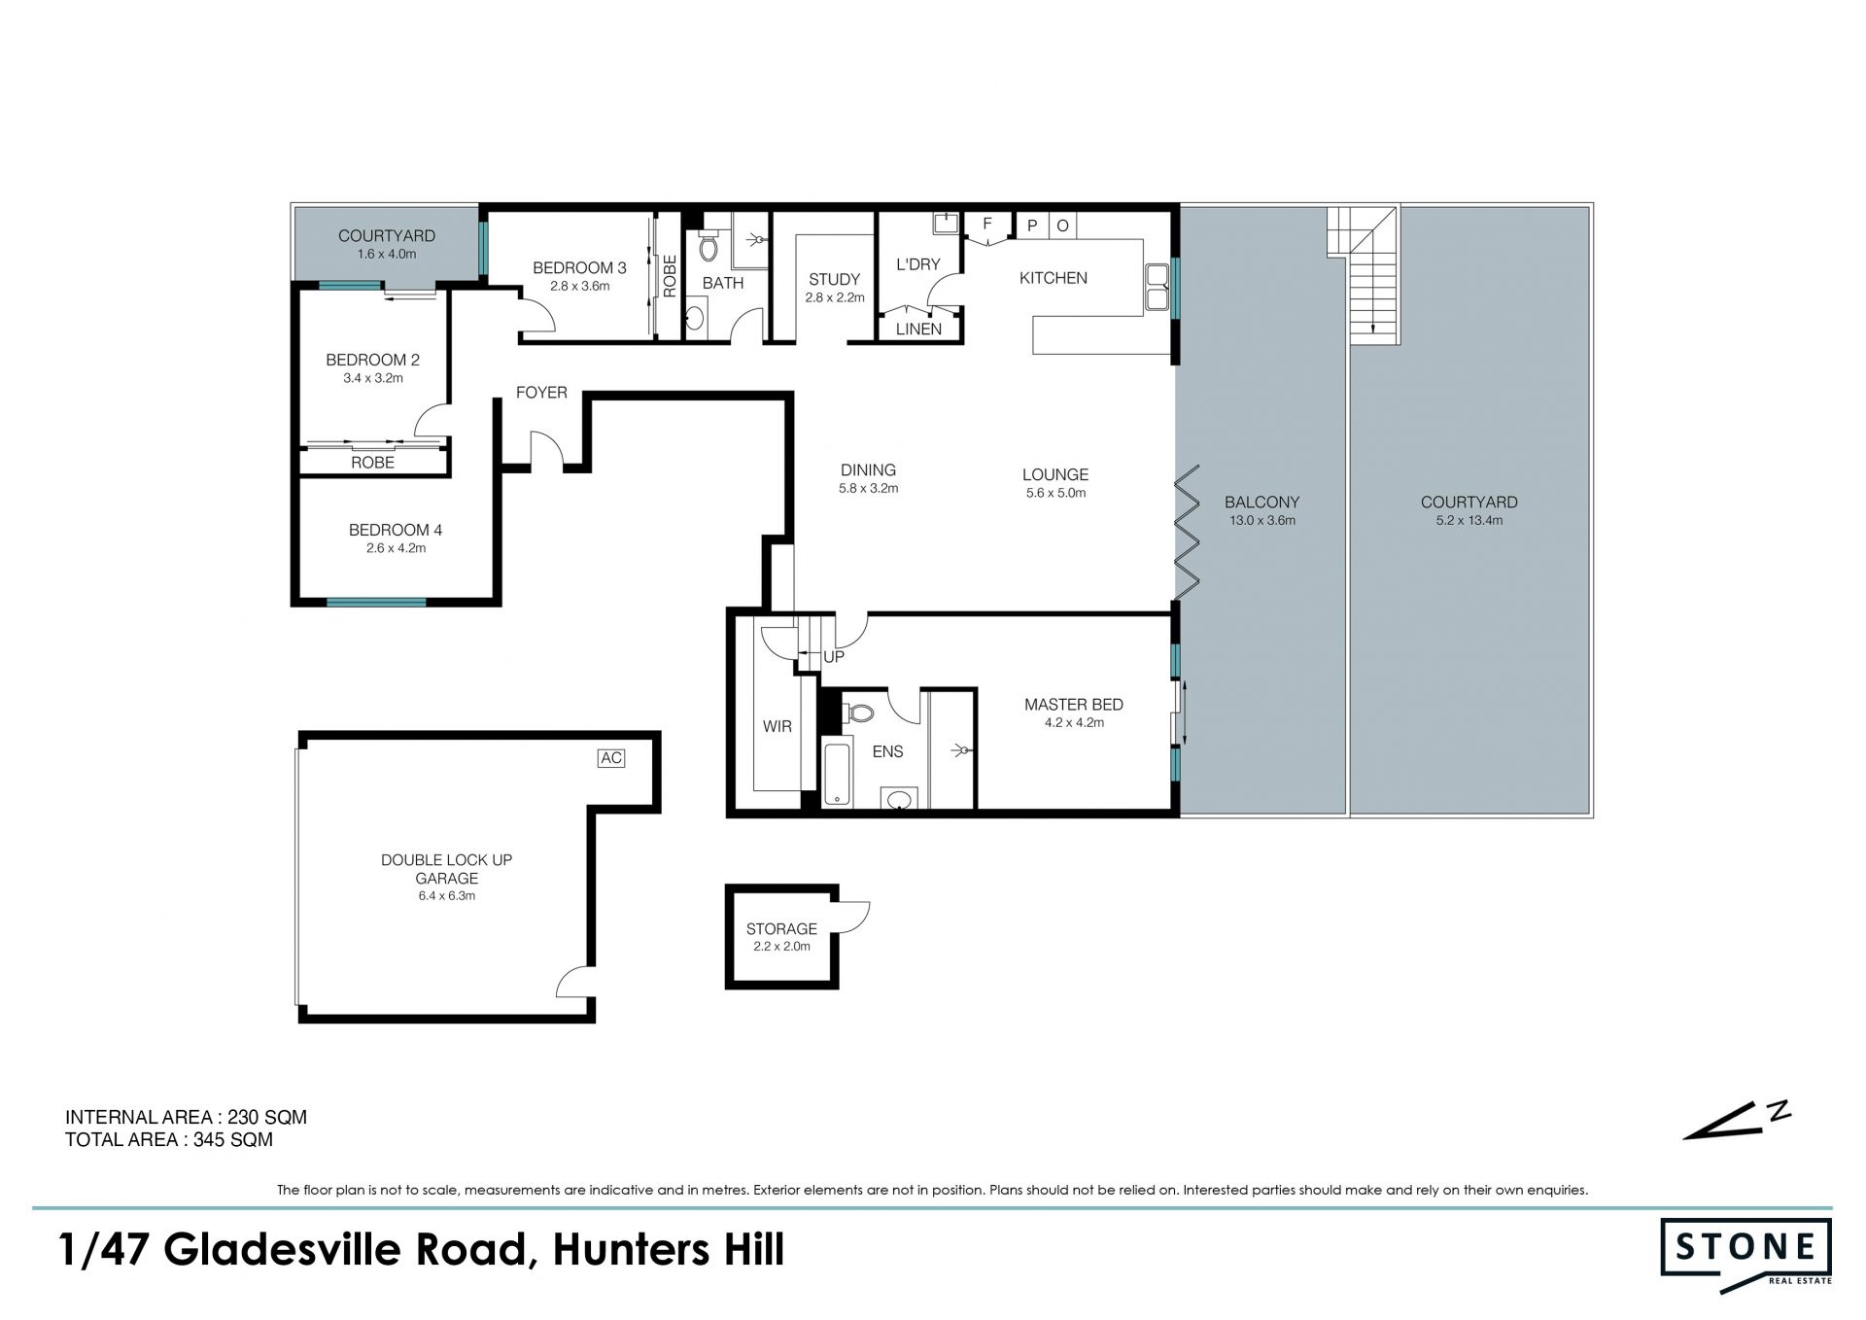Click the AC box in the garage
(611, 758)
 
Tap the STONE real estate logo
(1746, 1255)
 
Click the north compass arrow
(1736, 1121)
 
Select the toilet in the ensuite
(858, 713)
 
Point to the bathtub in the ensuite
(837, 773)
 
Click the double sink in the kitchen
(1157, 287)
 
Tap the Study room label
(834, 280)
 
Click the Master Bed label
(1074, 705)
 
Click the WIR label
(777, 726)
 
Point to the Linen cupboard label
(918, 330)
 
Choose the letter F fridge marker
(987, 225)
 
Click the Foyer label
(541, 393)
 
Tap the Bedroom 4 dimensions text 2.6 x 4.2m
(396, 548)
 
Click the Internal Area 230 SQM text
(186, 1118)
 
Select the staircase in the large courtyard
(1364, 274)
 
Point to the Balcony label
(1261, 503)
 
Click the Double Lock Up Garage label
(446, 869)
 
